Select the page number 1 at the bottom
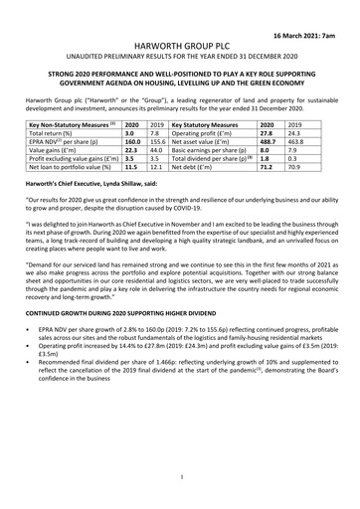pyautogui.click(x=180, y=477)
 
